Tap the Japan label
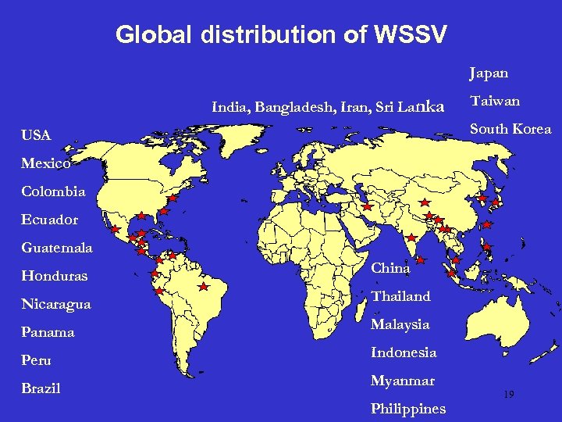[x=489, y=73]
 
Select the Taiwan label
[x=494, y=101]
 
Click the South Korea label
[x=510, y=129]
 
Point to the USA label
[x=36, y=136]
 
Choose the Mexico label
[x=46, y=164]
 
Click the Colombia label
[x=53, y=191]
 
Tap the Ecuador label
[x=49, y=220]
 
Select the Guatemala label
[x=56, y=248]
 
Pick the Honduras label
[x=54, y=276]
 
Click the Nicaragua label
[x=55, y=304]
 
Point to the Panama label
[x=48, y=332]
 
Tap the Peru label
[x=36, y=360]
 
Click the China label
[x=390, y=268]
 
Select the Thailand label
[x=400, y=296]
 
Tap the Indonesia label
[x=404, y=352]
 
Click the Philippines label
[x=408, y=409]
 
